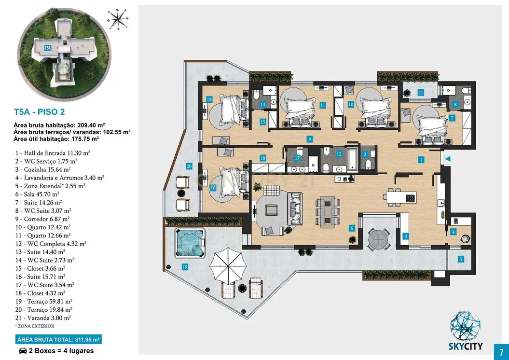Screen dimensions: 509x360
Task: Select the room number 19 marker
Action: [x=185, y=267]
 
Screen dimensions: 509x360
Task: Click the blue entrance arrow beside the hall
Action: [x=448, y=159]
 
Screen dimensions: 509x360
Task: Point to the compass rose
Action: [x=118, y=19]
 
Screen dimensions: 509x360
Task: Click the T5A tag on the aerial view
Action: [x=48, y=48]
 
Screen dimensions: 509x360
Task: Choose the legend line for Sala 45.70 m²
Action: [x=37, y=194]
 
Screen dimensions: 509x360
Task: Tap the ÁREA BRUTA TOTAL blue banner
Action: [x=58, y=340]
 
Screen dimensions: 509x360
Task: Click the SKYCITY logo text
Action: [x=466, y=346]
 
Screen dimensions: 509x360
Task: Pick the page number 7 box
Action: [x=502, y=352]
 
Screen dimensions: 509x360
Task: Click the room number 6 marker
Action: [x=352, y=228]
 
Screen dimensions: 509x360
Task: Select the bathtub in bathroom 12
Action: [x=352, y=159]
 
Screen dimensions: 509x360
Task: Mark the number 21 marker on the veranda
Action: [x=421, y=93]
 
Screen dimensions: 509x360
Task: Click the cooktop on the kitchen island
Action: [x=410, y=198]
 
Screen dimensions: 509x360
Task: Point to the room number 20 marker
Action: [x=189, y=166]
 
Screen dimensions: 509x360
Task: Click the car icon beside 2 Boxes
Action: [x=23, y=351]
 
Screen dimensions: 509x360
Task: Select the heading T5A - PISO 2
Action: [x=39, y=112]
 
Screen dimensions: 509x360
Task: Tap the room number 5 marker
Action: [x=461, y=259]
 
